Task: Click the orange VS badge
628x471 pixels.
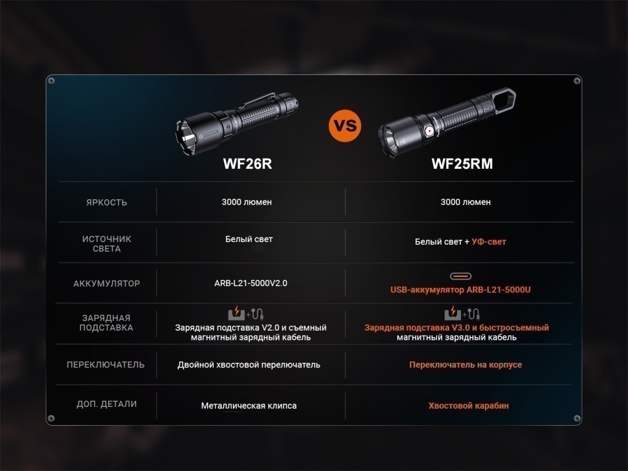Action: coord(345,126)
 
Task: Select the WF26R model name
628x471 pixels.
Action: coord(247,164)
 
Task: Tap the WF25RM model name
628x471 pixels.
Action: coord(462,164)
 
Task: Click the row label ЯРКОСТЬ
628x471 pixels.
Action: coord(107,203)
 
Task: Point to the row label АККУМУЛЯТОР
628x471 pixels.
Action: coord(107,283)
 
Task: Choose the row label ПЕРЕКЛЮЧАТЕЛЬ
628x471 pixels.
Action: coord(106,364)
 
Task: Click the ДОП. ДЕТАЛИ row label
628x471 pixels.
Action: coord(107,404)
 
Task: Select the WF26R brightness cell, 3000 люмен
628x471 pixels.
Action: coord(247,202)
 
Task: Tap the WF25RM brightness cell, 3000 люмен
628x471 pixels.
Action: coord(465,202)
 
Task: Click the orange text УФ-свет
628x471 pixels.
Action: coord(489,242)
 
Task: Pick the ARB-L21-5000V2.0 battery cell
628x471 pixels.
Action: coord(251,283)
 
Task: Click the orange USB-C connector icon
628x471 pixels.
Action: coord(460,276)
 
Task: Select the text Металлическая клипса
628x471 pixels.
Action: coord(249,406)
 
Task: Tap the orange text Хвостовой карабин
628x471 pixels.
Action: coord(469,406)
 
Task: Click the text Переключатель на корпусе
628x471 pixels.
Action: coord(465,364)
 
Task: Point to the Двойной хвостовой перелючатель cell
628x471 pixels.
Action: coord(249,365)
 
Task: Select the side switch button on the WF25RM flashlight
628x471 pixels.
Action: coord(429,131)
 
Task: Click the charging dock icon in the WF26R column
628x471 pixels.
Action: coord(236,313)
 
